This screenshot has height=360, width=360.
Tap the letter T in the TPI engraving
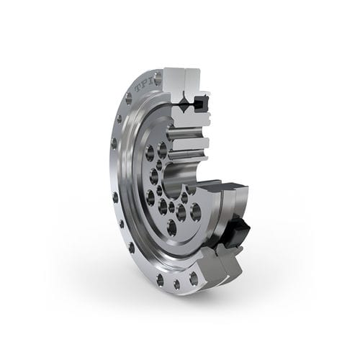coord(137,90)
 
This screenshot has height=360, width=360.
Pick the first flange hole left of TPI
coord(126,101)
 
